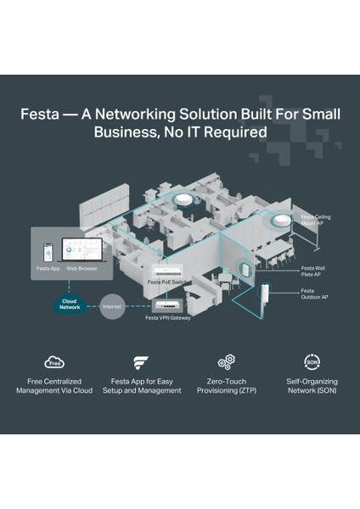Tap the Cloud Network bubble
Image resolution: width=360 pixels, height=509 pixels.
pos(70,304)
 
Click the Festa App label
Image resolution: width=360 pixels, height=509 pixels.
pos(48,268)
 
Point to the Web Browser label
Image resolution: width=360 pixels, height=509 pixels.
pos(82,268)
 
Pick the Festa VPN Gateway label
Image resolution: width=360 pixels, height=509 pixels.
pos(168,318)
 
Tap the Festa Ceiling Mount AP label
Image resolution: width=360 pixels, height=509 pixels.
pos(316,220)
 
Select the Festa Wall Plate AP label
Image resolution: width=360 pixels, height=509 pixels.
pos(312,271)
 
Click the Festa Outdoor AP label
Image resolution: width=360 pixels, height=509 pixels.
pos(314,294)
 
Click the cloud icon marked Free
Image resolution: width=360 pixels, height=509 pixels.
pos(54,362)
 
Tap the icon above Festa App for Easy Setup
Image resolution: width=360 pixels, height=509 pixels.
pos(141,363)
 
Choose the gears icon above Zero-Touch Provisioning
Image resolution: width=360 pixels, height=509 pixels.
pos(226,362)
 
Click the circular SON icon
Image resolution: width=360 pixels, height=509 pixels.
pos(312,362)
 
